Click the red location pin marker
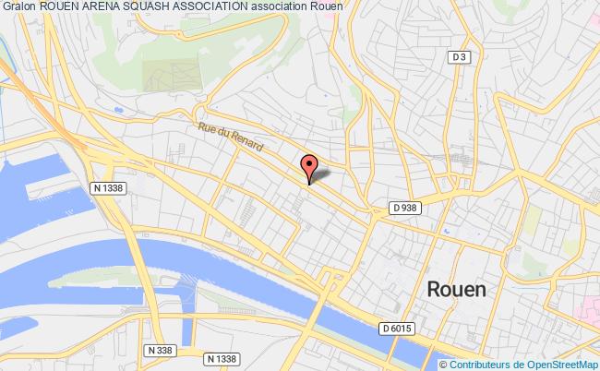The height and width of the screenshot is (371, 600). (x=309, y=168)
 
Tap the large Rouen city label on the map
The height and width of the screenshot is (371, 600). (x=457, y=289)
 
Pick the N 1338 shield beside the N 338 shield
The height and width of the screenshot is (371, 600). (x=222, y=358)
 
